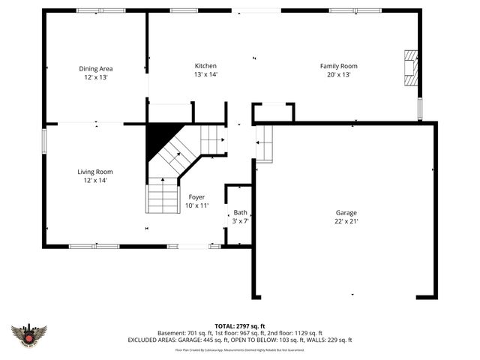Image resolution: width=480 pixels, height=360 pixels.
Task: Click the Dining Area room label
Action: coord(95,68)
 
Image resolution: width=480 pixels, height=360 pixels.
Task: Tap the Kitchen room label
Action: coord(205,66)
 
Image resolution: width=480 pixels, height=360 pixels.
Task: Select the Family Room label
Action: coord(338,66)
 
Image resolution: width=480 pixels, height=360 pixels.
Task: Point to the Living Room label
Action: coord(95,172)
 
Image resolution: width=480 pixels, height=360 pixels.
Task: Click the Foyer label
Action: coord(197,196)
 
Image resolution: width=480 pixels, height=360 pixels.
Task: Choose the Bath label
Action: coord(240,212)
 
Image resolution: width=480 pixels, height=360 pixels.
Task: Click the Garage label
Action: coord(346,212)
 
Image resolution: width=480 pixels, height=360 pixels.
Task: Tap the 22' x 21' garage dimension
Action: coord(346,221)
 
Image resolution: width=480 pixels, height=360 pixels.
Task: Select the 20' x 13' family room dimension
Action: coord(338,74)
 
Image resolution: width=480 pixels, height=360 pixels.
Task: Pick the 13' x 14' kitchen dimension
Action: coord(205,74)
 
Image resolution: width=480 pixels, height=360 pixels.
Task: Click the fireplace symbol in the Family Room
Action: coord(410,69)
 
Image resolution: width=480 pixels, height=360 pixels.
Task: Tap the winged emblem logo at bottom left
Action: coord(29,334)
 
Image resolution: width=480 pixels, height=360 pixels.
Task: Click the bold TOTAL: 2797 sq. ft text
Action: coord(240,326)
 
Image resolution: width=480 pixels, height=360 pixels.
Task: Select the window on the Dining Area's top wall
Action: coord(100,10)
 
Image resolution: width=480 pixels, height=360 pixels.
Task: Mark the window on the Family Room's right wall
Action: coord(420,109)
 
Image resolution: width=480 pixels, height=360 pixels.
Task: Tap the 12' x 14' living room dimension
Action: coord(95,180)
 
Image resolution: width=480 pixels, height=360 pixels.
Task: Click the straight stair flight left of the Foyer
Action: coord(162,196)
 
